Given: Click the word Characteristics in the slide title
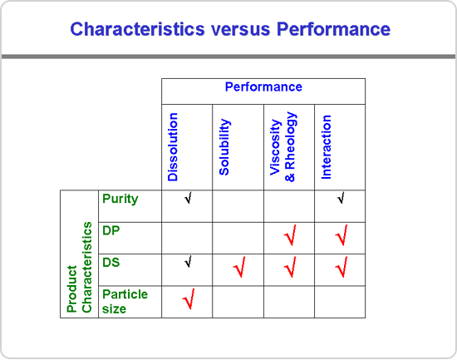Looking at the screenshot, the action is [138, 29].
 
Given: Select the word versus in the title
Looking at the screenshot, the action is [241, 29].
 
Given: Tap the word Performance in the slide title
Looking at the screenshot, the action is [333, 29].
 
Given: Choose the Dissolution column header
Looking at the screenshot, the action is [173, 147].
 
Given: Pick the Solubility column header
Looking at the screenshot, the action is [224, 147].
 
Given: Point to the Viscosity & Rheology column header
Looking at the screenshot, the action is [283, 147].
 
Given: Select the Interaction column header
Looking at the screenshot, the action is [327, 147].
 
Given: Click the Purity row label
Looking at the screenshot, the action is [120, 200].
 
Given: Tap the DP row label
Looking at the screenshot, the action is [111, 231].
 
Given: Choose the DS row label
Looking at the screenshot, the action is [111, 263].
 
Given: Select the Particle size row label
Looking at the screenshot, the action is [125, 302].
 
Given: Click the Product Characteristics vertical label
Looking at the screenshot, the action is [79, 267].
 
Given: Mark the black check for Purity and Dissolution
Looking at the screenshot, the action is [189, 198].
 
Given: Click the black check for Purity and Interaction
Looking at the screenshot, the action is [342, 198].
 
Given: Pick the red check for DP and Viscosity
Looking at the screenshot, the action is [291, 235].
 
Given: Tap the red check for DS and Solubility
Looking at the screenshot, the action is [239, 267].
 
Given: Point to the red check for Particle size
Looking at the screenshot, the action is [189, 298].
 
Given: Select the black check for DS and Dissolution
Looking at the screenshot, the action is [189, 262].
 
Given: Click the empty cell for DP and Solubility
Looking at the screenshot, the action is [238, 238].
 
